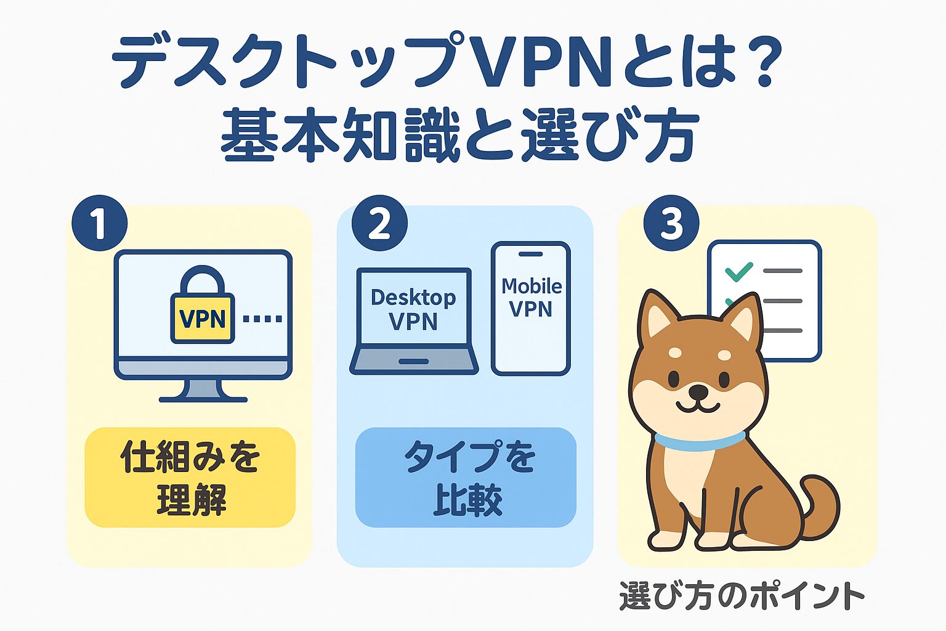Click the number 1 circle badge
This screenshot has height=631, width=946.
(x=99, y=223)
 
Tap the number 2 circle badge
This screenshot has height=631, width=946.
(x=379, y=223)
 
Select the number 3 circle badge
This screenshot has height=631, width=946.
(x=671, y=223)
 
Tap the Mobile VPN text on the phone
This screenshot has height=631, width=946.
(x=531, y=297)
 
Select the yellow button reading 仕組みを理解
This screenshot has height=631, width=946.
(x=190, y=478)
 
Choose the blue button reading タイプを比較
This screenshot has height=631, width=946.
(x=466, y=478)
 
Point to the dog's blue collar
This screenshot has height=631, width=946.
(x=698, y=441)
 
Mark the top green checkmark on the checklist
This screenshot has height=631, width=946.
(x=738, y=271)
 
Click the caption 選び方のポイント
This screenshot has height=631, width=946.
(x=742, y=596)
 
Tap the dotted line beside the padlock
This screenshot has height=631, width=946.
(x=262, y=319)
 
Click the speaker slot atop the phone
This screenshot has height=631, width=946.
(x=530, y=254)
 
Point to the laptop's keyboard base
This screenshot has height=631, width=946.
(x=414, y=361)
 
